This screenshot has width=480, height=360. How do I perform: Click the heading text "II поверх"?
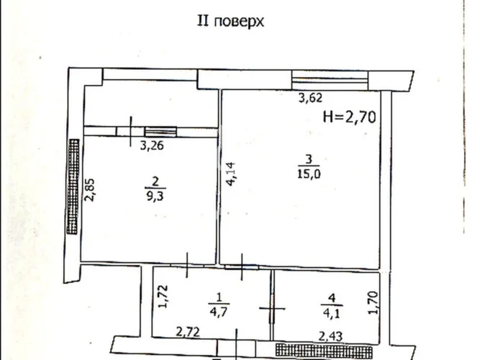(x=230, y=22)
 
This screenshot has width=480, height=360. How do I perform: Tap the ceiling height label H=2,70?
(x=350, y=117)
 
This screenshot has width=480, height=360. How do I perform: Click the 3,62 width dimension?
(x=310, y=98)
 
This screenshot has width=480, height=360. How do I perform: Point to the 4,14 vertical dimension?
(x=230, y=174)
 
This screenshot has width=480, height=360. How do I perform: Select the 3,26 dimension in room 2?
(x=152, y=145)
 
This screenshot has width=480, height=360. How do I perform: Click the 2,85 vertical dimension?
(x=90, y=189)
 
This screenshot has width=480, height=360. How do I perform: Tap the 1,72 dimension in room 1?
(x=163, y=296)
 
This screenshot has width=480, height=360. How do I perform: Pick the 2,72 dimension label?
(x=188, y=332)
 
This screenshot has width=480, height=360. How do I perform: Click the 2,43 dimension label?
(x=330, y=337)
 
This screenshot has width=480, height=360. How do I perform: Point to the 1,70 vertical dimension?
(x=373, y=302)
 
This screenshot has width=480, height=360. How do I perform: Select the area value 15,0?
(x=309, y=174)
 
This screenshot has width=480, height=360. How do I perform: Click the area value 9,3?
(x=155, y=195)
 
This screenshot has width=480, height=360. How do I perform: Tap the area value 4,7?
(x=219, y=312)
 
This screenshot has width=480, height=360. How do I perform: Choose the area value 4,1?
(x=332, y=313)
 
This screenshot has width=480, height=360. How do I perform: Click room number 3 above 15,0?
(x=309, y=159)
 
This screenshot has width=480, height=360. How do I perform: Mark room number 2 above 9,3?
(x=155, y=181)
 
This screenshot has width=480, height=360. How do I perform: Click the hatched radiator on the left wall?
(x=73, y=186)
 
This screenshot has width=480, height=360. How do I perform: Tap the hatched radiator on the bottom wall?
(x=324, y=351)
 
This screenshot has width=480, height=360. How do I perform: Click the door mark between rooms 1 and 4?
(x=272, y=309)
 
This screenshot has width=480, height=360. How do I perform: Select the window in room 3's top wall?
(x=330, y=80)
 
